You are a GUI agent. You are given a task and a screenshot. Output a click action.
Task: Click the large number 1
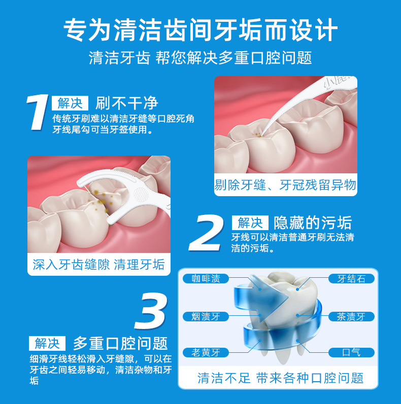[38, 112]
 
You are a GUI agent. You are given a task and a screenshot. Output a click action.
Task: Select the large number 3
[151, 310]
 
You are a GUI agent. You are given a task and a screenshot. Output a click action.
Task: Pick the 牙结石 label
[351, 278]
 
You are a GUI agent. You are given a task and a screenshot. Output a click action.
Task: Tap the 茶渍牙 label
[351, 316]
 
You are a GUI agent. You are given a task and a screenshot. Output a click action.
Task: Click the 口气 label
[351, 352]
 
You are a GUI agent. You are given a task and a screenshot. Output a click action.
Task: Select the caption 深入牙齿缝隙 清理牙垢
[98, 264]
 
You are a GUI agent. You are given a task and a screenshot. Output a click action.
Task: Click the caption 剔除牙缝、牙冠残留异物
[285, 185]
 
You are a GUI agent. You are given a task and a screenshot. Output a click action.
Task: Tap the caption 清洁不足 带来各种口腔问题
[280, 378]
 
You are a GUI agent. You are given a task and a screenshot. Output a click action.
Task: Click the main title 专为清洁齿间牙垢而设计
[201, 29]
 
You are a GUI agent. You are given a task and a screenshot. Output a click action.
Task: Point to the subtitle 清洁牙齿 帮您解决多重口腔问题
[201, 57]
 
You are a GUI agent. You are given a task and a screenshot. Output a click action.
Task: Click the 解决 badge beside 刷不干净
[70, 103]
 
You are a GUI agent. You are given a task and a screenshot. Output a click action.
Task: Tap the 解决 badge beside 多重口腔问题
[47, 343]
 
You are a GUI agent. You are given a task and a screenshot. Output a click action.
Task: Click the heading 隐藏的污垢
[313, 223]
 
